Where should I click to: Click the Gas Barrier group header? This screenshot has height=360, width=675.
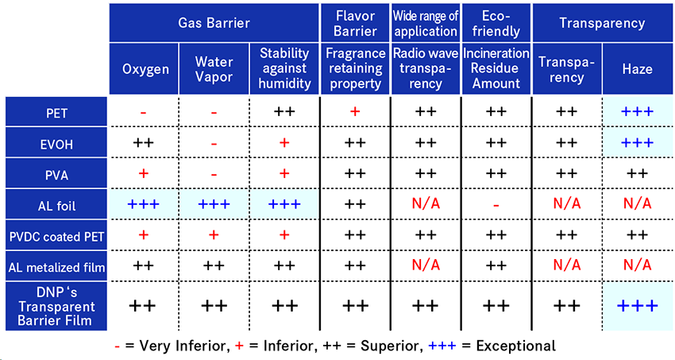pyautogui.click(x=214, y=23)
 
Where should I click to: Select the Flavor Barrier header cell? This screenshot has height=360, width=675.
pyautogui.click(x=354, y=23)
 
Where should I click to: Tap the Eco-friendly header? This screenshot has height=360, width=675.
pyautogui.click(x=496, y=23)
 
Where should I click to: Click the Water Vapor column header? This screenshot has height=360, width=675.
pyautogui.click(x=214, y=68)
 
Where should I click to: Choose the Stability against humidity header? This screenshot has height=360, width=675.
pyautogui.click(x=284, y=68)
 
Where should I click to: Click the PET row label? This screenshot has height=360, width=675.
pyautogui.click(x=56, y=112)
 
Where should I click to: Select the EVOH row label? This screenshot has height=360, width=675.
pyautogui.click(x=56, y=143)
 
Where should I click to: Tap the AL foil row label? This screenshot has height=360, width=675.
pyautogui.click(x=56, y=204)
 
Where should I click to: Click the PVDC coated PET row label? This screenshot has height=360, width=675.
pyautogui.click(x=56, y=235)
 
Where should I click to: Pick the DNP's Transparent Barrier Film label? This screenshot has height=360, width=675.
pyautogui.click(x=56, y=306)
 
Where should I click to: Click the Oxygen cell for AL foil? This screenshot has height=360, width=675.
pyautogui.click(x=144, y=204)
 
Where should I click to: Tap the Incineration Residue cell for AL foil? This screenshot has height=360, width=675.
pyautogui.click(x=496, y=204)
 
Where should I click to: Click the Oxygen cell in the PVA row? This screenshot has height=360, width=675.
pyautogui.click(x=144, y=173)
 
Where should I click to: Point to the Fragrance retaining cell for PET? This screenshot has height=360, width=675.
pyautogui.click(x=354, y=112)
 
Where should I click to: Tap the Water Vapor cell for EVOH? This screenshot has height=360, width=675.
pyautogui.click(x=214, y=143)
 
